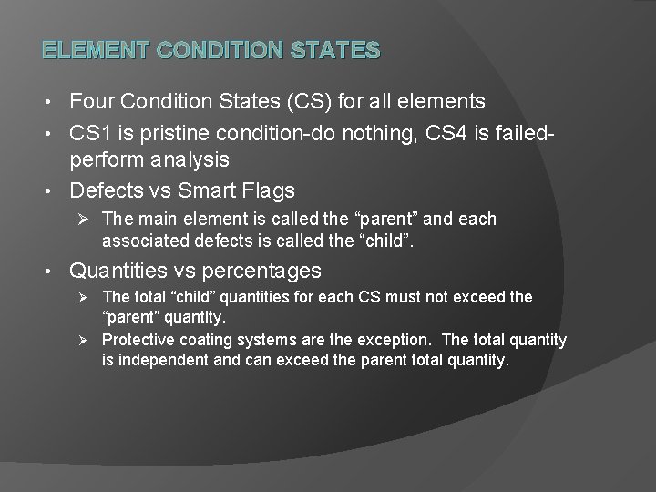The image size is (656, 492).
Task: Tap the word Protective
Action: [137, 340]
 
